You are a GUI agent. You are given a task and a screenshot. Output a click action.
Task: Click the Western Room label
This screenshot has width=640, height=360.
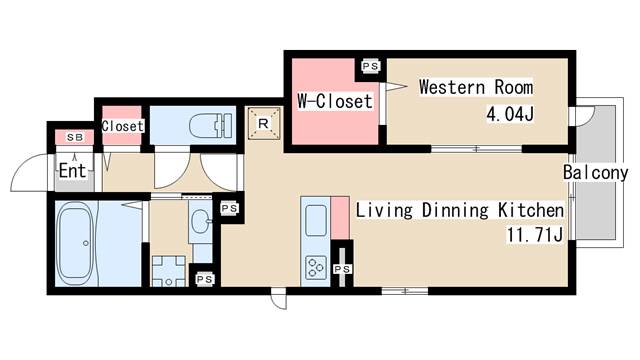[x=476, y=87]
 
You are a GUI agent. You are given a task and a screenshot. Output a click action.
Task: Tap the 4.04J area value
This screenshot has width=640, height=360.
[x=510, y=114]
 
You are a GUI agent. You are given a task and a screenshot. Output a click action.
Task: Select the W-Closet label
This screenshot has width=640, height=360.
[x=335, y=101]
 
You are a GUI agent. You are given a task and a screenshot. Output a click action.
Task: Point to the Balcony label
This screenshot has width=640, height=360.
[x=596, y=173]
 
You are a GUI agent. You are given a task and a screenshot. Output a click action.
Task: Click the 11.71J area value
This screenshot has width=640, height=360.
[x=535, y=235]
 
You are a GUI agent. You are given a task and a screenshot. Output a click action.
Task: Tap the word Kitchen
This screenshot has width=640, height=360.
[x=531, y=210]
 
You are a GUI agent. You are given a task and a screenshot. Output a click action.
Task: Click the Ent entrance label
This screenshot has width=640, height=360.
[x=73, y=171]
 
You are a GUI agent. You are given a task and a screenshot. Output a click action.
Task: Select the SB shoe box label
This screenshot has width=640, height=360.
[x=75, y=138]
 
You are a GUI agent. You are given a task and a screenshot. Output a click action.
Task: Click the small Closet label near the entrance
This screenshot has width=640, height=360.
[x=122, y=126]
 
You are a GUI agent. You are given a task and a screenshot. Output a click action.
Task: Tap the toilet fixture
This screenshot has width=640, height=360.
[x=211, y=125]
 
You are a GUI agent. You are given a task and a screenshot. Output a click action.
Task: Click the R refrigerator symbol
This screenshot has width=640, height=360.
[x=264, y=123]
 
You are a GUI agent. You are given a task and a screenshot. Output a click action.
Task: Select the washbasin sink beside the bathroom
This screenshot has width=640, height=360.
[x=200, y=222]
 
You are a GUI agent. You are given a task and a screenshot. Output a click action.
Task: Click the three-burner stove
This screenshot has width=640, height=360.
[x=316, y=267]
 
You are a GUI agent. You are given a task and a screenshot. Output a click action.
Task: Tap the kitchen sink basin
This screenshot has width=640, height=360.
[x=316, y=220]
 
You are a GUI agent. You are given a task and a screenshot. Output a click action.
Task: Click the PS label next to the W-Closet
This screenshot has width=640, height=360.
[x=371, y=66]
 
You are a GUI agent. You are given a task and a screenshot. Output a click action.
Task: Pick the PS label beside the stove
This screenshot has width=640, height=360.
[x=342, y=269]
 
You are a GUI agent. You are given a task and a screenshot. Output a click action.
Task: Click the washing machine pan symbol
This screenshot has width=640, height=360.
[x=169, y=271]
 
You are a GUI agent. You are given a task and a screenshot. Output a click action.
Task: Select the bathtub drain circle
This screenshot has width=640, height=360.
[x=85, y=243]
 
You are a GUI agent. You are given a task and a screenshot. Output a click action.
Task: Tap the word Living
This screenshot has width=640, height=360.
[x=384, y=211]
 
